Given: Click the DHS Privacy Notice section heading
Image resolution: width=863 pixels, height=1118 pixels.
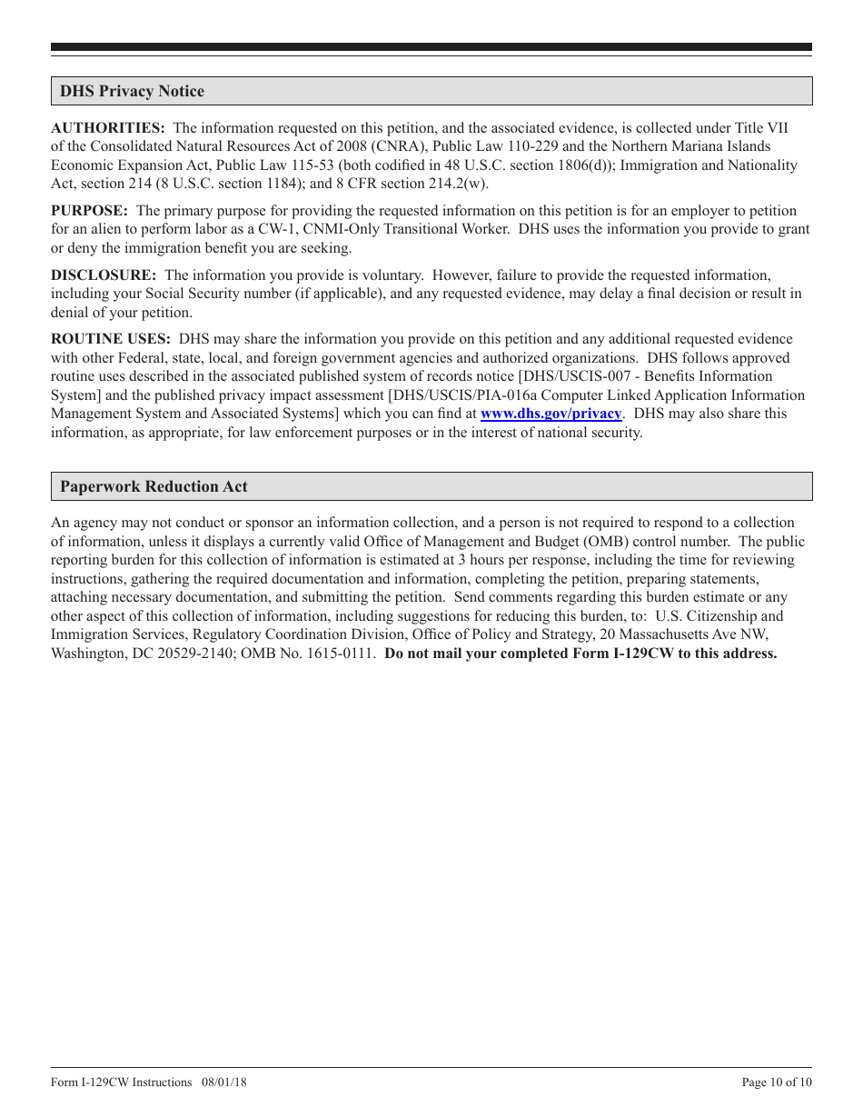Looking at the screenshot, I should [132, 91].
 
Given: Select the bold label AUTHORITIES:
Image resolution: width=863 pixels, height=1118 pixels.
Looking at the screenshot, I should [107, 127].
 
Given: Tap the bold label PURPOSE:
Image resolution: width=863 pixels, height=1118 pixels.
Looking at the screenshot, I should [89, 210].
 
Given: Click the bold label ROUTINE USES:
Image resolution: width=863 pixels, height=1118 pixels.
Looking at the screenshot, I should [111, 338].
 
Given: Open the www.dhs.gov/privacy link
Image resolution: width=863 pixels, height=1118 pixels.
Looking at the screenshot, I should [551, 414].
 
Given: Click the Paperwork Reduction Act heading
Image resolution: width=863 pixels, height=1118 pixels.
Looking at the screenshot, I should [154, 486].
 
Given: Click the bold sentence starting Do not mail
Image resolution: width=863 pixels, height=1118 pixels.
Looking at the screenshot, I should [580, 654].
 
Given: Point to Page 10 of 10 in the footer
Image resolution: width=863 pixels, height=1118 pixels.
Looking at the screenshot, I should [777, 1082].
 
